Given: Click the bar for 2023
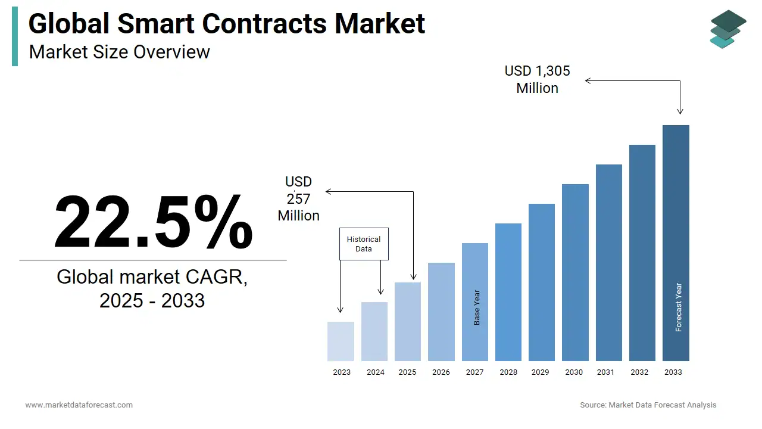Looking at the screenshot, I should pos(341,341).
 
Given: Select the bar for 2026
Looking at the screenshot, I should pos(441,312).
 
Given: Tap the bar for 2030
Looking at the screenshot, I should pos(575,272).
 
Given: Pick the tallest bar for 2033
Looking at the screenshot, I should pos(676,243).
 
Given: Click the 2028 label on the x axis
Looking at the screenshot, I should pos(508,372).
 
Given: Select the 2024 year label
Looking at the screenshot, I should pos(375,372).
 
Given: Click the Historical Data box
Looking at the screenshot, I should pos(364,244).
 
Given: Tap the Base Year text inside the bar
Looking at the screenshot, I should pos(477,307).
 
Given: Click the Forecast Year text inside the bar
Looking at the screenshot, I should pos(678,307).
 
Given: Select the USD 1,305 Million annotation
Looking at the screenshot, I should pos(537,79).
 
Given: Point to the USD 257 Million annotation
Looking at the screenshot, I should pos(298,198).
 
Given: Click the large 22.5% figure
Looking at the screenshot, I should pos(153,222).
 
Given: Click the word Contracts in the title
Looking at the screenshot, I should pos(264,24).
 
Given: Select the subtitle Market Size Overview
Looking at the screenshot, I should pos(119,52).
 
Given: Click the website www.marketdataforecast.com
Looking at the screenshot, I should pos(79,405).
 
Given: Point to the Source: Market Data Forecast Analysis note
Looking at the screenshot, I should pos(648,405).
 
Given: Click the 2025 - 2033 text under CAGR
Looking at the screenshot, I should pos(152,300).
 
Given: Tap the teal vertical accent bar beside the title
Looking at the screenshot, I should pos(15,37).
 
